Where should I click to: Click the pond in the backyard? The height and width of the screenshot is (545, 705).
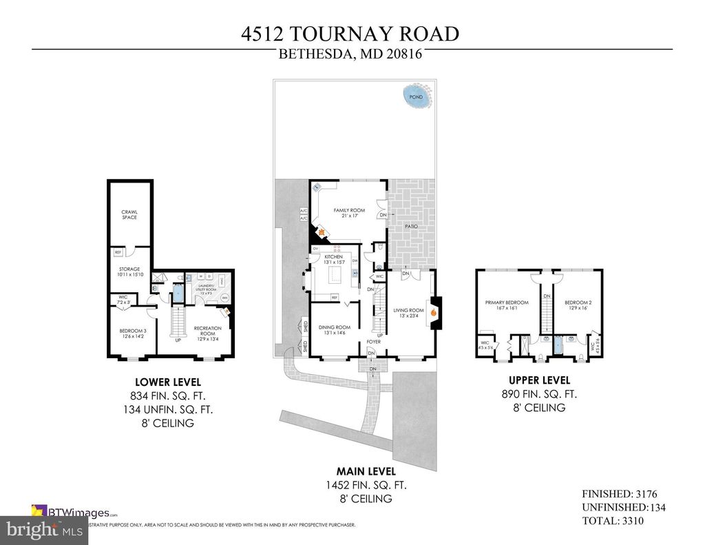tap(417, 96)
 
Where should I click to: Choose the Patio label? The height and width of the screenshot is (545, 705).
tap(412, 225)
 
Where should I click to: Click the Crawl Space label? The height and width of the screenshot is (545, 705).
tap(129, 214)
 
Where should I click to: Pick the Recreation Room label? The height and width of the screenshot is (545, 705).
tap(207, 331)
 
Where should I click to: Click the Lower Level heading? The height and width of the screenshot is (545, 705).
tap(162, 382)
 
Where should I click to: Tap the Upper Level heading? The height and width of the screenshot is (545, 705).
tap(539, 380)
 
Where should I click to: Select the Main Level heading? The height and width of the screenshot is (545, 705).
tap(366, 471)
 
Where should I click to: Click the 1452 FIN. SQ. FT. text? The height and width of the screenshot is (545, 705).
tap(366, 485)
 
